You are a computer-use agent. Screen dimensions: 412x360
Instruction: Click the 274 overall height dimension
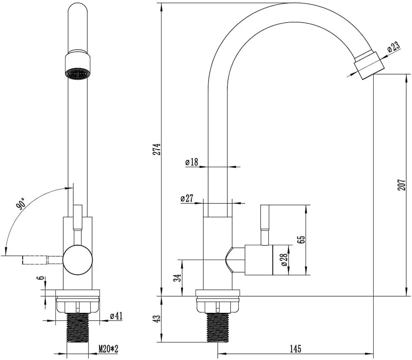click(x=157, y=149)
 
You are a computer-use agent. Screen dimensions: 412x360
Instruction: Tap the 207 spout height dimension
click(x=401, y=185)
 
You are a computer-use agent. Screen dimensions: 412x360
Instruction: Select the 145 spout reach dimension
click(x=295, y=349)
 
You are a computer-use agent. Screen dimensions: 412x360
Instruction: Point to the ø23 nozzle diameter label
click(x=394, y=47)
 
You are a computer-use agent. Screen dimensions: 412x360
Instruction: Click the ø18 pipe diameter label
click(x=192, y=162)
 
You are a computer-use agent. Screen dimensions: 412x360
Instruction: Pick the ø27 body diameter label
click(x=187, y=198)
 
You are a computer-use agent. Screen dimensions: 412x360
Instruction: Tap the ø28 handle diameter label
click(x=284, y=260)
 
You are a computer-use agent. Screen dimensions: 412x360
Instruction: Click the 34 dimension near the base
click(x=179, y=278)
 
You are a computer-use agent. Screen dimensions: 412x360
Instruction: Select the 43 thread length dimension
click(x=157, y=319)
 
